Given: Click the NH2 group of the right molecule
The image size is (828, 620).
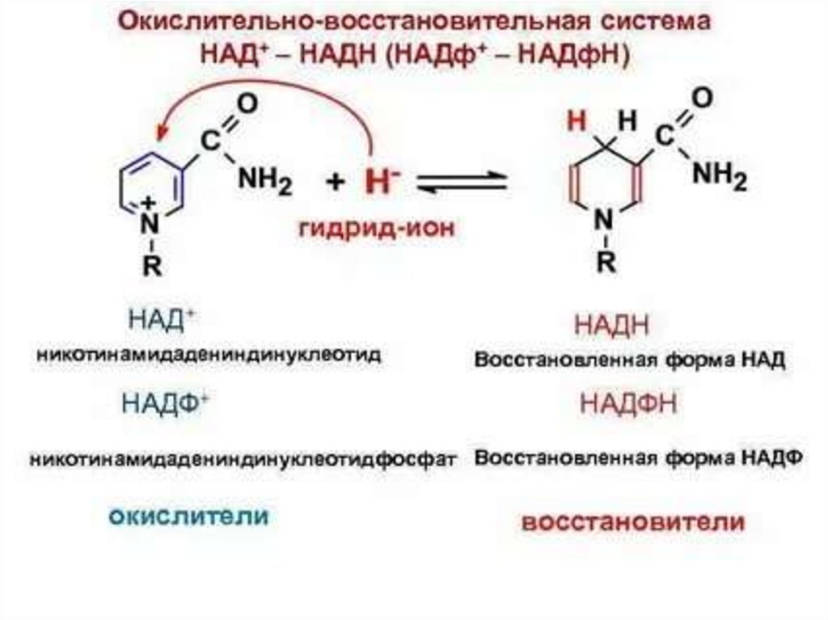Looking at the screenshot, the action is (720, 175).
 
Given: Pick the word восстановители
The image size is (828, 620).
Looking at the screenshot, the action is (632, 521).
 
